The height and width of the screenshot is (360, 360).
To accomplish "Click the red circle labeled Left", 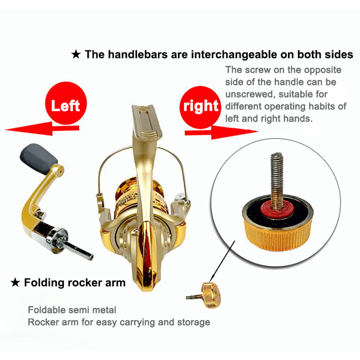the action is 66,103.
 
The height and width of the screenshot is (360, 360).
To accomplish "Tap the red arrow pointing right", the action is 221,132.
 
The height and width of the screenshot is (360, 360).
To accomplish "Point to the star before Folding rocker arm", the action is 15,283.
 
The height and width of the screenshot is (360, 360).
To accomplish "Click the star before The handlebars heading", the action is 76,55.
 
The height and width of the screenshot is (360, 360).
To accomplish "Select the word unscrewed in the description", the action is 250,94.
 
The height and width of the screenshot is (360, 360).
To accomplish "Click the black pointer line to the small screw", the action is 222,262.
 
